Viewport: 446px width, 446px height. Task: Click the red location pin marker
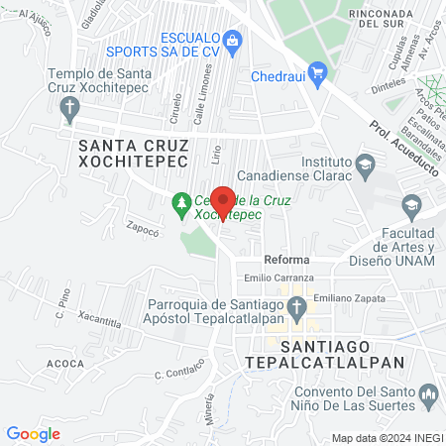223,201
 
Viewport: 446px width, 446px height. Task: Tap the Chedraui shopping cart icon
318,71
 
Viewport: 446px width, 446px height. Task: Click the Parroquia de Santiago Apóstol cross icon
296,312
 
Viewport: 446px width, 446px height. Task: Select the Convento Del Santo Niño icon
428,396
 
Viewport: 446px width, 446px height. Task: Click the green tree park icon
180,205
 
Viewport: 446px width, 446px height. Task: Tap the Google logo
33,434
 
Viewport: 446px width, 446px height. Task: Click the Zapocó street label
142,227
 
